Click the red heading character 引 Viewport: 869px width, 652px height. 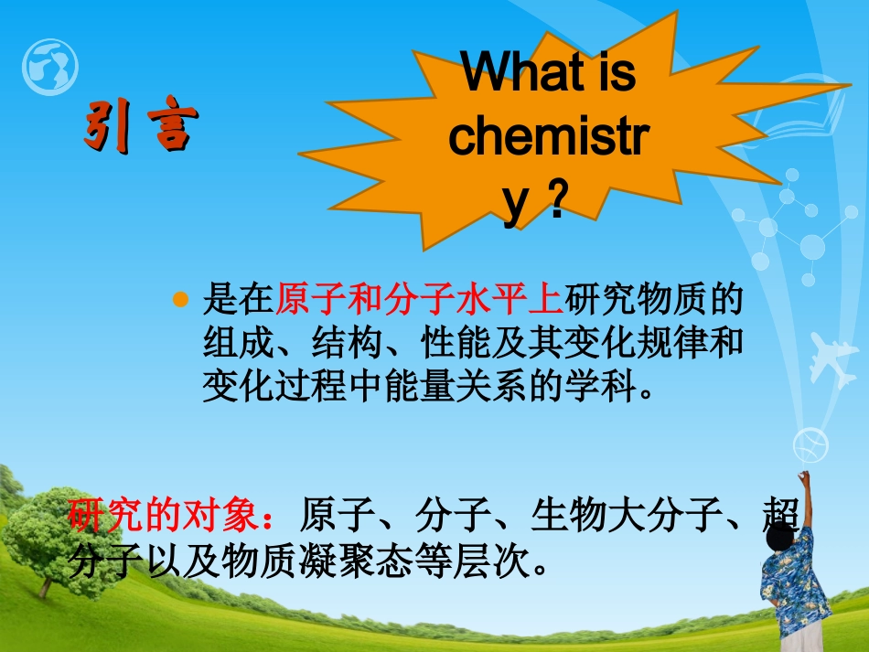pos(108,126)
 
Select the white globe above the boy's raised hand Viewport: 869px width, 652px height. pos(810,446)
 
